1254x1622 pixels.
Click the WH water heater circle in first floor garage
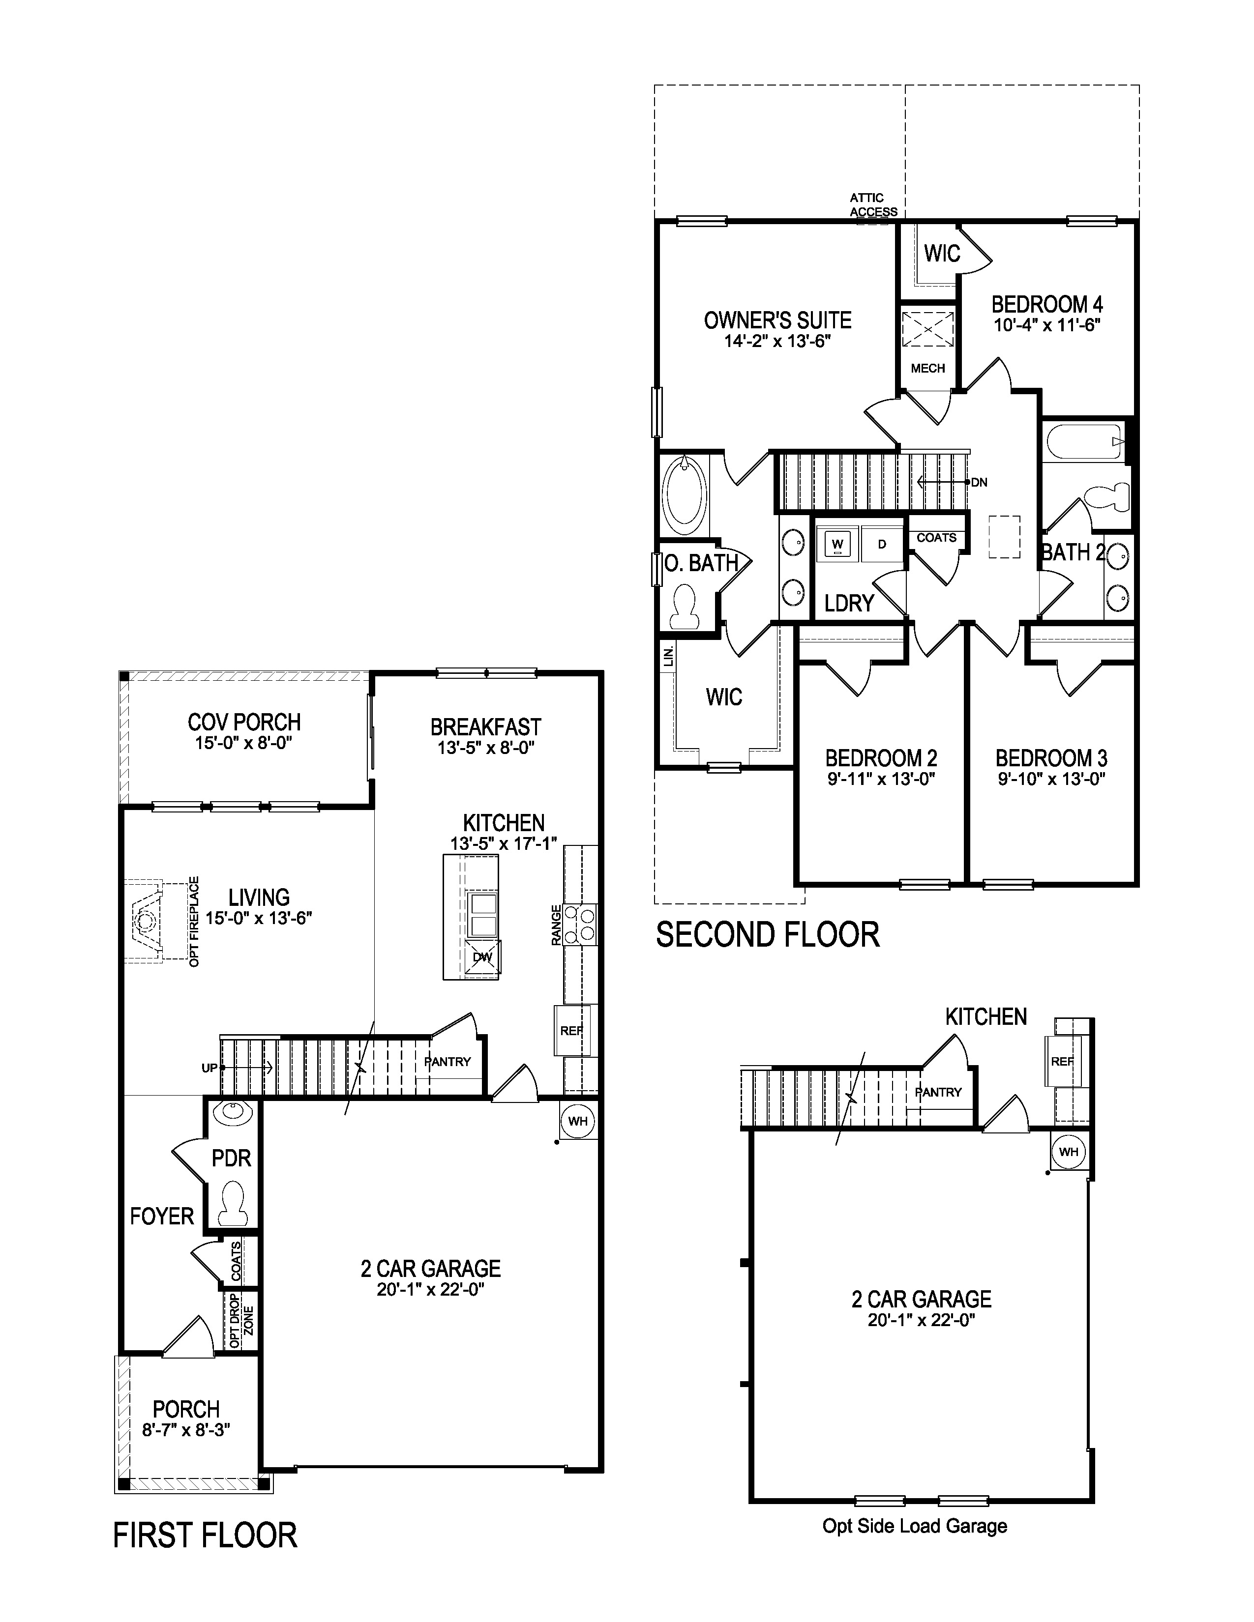point(578,1121)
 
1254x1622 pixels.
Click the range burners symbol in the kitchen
point(581,924)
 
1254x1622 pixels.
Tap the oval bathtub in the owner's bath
point(684,494)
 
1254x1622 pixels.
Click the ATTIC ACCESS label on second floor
point(873,205)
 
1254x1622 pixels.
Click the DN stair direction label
point(979,483)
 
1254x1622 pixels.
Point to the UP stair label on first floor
point(209,1068)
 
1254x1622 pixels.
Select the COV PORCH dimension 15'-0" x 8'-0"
point(243,743)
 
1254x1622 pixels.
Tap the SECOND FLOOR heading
point(768,934)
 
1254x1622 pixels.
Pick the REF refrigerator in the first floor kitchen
point(571,1031)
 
